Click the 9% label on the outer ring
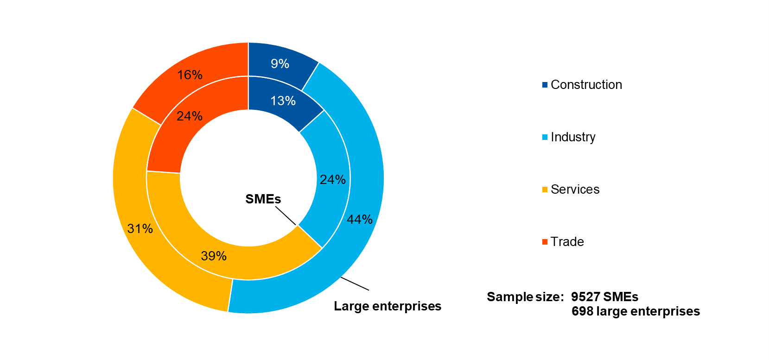[x=280, y=64]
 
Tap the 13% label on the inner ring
[x=283, y=101]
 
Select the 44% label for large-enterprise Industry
[x=360, y=220]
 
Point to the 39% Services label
[x=214, y=256]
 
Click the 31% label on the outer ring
[x=140, y=228]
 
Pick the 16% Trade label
[x=190, y=75]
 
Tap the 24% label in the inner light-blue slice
[x=333, y=180]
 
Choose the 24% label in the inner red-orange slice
[x=190, y=116]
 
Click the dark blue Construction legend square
[x=545, y=85]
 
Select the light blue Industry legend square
[x=545, y=137]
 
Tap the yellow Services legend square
[x=545, y=189]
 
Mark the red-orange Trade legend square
[x=545, y=242]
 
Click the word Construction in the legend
[x=586, y=85]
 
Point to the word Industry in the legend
[x=573, y=137]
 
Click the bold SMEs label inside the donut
[x=263, y=199]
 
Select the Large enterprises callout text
[x=388, y=306]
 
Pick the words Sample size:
[x=525, y=297]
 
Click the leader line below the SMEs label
[x=286, y=216]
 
